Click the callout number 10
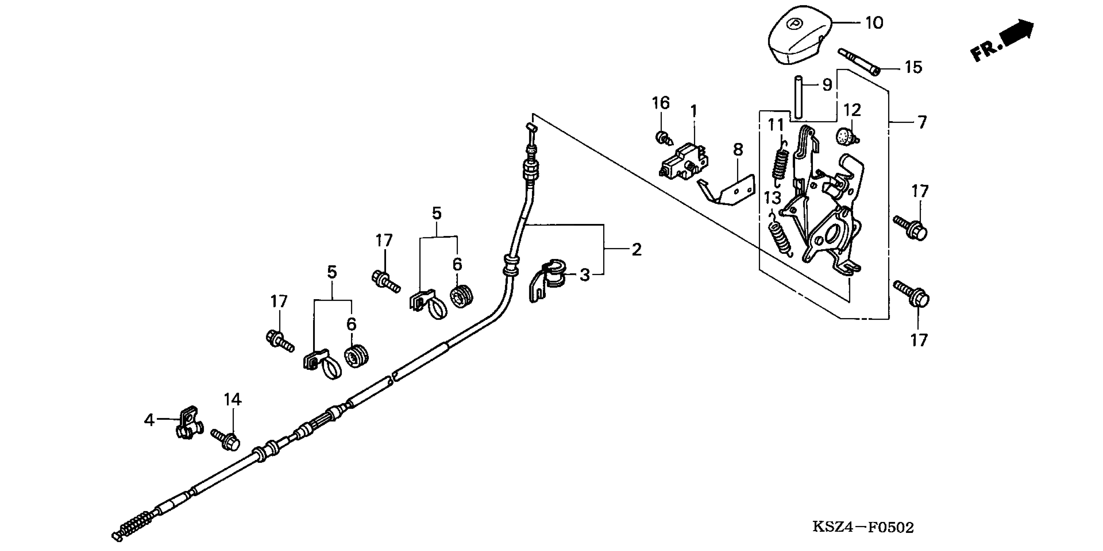point(874,23)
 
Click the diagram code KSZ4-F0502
point(863,527)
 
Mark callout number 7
point(922,123)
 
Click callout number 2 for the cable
point(637,250)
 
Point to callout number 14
point(232,400)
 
